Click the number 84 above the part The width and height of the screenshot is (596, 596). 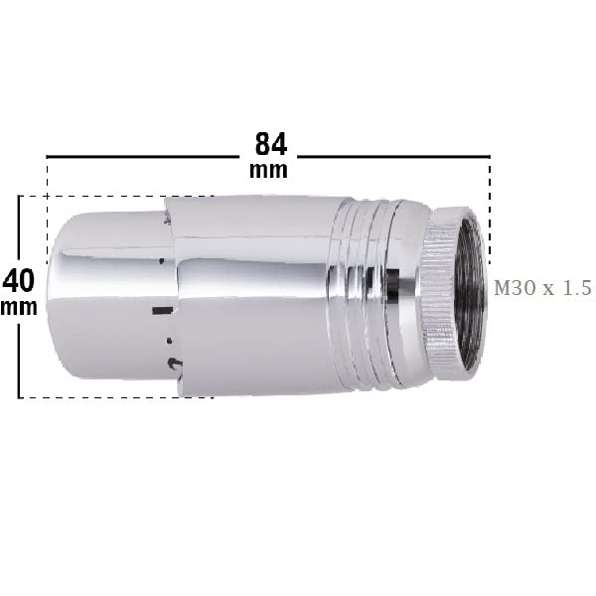click(271, 144)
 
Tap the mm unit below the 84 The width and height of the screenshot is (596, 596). click(268, 170)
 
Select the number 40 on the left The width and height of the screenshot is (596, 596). click(19, 280)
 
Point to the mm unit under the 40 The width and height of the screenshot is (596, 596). click(19, 307)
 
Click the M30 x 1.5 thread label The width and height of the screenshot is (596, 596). click(542, 288)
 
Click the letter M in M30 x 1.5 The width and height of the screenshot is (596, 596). click(502, 288)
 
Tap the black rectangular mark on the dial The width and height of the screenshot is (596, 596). click(162, 311)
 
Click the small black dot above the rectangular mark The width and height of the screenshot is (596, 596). click(162, 260)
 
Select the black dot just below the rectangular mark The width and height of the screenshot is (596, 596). click(170, 340)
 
